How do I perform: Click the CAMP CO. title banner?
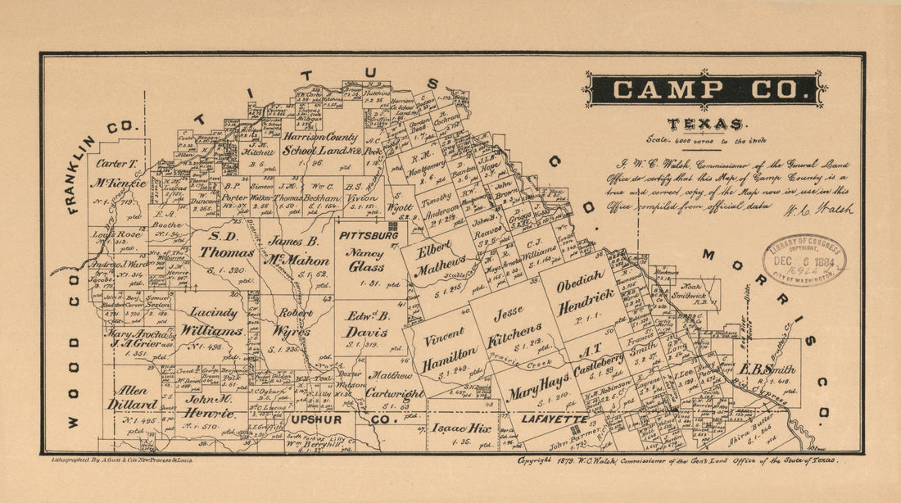[x=704, y=89]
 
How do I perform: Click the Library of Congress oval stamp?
[x=804, y=260]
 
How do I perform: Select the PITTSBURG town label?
[x=369, y=235]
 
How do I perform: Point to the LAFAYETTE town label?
[x=552, y=419]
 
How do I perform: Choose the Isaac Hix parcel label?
[x=463, y=427]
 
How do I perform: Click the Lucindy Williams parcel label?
[x=213, y=324]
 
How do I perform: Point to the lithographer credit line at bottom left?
[x=121, y=461]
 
